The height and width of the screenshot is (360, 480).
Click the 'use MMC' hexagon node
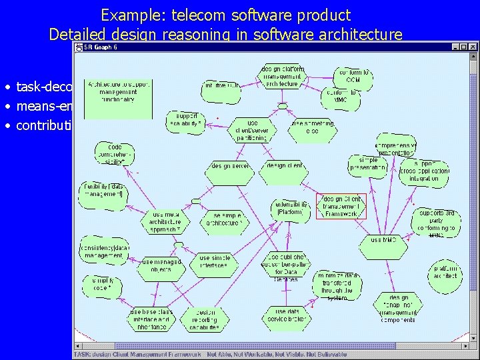pos(383,240)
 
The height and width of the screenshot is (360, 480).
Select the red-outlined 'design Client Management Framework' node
pos(341,206)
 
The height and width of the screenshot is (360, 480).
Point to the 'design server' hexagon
pos(229,166)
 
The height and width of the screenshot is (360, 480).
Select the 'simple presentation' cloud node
pos(368,165)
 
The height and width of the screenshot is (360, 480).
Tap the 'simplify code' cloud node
pos(102,286)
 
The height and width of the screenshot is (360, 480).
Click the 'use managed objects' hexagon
pos(160,266)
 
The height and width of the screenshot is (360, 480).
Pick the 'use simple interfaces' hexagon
pos(215,262)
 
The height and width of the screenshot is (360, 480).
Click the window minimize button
pos(455,47)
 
